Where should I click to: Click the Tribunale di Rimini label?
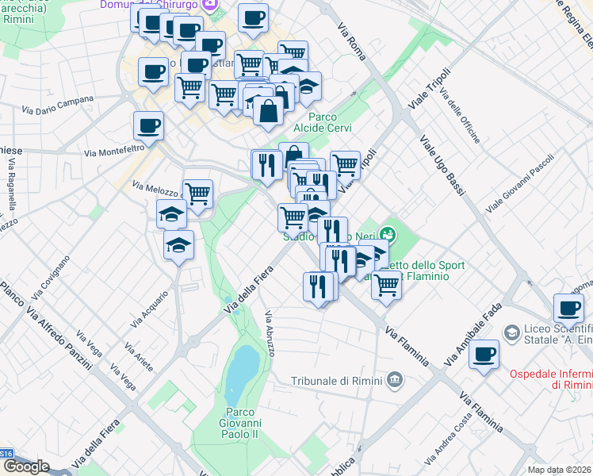click(338, 382)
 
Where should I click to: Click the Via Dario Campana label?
click(57, 105)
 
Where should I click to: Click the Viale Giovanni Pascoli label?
click(519, 182)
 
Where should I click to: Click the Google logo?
click(26, 466)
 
